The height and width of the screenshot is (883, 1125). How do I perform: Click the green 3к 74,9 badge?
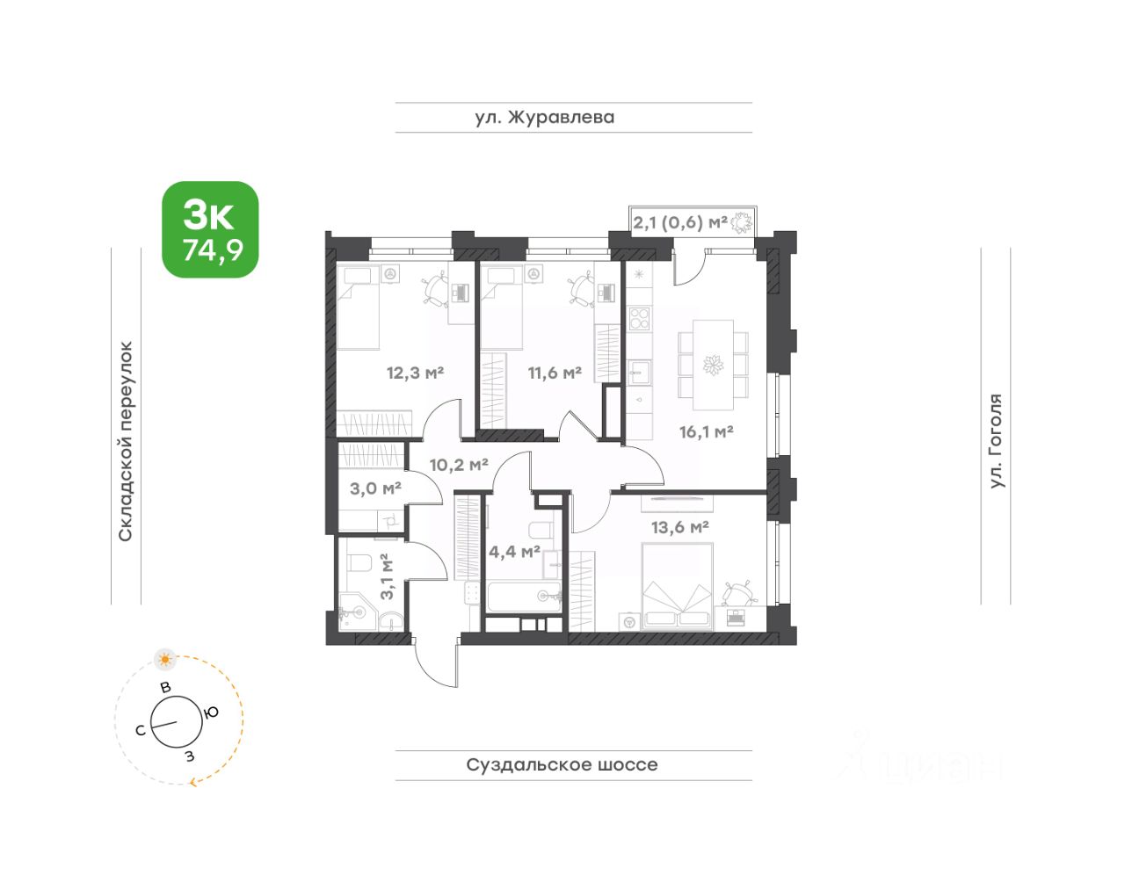coord(210,229)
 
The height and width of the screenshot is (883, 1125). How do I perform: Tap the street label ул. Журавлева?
coord(545,118)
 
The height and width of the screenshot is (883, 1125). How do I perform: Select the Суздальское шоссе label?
coord(562,764)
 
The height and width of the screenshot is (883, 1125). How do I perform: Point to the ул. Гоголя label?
coord(996,441)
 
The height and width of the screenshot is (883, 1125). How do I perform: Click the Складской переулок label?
coord(126,441)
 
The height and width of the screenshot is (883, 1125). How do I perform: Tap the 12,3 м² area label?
coord(415,373)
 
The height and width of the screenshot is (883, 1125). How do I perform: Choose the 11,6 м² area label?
coord(555,373)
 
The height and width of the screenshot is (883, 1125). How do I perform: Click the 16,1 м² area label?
coord(706,431)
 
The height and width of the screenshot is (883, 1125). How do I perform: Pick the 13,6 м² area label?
coord(679,527)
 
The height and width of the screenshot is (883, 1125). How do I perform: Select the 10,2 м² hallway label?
coord(459,465)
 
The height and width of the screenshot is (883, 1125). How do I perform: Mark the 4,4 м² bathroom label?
coord(515,552)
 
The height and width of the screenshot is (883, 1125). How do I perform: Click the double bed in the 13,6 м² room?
coord(677,587)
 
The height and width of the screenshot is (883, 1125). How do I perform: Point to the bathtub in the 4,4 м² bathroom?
coord(524,597)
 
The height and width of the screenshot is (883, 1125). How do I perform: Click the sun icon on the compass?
coord(165,660)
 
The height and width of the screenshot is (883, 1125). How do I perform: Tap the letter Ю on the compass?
coord(211,713)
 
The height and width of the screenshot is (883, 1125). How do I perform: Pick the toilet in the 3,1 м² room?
coord(359,563)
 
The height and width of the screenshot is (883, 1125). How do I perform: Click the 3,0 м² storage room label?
coord(376,489)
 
